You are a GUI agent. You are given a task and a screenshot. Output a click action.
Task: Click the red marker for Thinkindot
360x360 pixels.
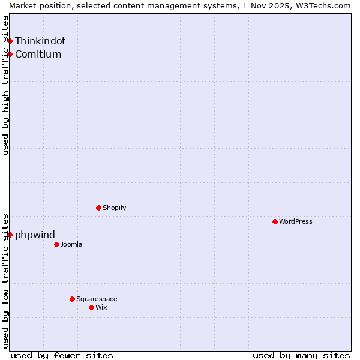pos(10,41)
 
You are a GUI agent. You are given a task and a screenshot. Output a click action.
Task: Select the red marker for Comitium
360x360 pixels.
pos(10,54)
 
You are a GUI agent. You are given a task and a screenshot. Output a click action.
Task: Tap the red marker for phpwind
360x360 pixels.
pos(10,235)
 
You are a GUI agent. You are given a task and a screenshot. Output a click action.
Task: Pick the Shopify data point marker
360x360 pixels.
pos(98,208)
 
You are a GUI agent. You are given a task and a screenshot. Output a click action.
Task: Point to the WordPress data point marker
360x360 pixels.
pos(275,221)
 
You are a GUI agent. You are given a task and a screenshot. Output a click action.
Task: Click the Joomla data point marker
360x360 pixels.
pos(56,244)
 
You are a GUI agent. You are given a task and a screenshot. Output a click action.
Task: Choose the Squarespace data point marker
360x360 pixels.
pos(72,299)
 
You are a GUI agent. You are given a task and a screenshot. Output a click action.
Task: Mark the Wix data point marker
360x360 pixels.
pos(91,307)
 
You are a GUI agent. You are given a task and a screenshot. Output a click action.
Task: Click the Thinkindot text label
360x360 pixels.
pos(40,41)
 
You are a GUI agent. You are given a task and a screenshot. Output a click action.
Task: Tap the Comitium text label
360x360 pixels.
pos(38,54)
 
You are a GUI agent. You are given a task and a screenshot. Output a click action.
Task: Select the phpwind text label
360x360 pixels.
pos(35,235)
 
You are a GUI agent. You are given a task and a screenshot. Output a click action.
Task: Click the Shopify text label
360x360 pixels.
pos(114,208)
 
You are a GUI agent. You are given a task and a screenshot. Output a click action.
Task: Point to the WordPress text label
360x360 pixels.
pos(296,221)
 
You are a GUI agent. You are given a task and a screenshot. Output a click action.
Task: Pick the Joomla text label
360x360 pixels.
pos(71,244)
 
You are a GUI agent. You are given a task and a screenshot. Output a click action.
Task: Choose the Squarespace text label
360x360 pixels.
pos(97,299)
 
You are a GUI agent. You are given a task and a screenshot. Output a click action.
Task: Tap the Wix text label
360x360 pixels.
pos(101,307)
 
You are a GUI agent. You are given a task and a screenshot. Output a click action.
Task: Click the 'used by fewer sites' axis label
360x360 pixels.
pos(62,355)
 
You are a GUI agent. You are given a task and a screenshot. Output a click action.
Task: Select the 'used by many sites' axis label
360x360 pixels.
pos(301,355)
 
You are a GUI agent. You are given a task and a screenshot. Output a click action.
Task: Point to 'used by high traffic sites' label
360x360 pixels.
pos(5,85)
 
